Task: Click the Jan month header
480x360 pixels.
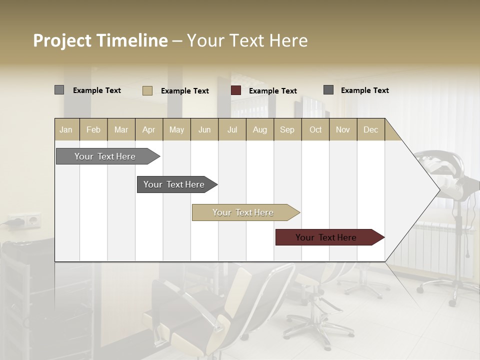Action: pos(66,129)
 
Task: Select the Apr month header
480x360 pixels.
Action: pos(149,129)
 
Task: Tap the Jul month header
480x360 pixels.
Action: pos(232,129)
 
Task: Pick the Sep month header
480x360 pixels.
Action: pos(287,129)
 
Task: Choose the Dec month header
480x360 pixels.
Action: pos(370,129)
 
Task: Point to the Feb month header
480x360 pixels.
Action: pos(93,129)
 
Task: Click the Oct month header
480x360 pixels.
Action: pos(315,129)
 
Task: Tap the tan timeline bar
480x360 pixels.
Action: pos(243,212)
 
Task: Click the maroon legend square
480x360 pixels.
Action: pos(236,90)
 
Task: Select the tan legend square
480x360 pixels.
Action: pos(147,90)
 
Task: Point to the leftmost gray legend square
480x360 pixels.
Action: pos(59,90)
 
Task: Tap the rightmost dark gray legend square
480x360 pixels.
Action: pos(328,90)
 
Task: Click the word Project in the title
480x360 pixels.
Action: pos(62,40)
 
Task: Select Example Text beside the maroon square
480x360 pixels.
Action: pos(272,91)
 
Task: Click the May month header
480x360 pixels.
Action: pos(176,129)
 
